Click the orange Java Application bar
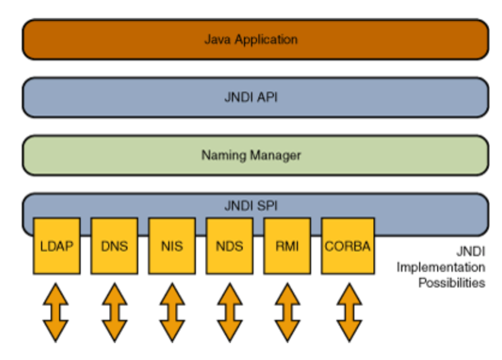point(255,39)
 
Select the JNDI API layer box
point(255,97)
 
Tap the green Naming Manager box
point(255,155)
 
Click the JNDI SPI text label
point(250,206)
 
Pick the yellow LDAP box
point(57,246)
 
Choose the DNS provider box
point(115,246)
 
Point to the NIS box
point(172,246)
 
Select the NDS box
point(230,246)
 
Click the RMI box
point(287,246)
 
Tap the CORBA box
point(348,246)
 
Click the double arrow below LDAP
point(55,313)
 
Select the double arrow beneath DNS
point(115,313)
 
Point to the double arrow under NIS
point(173,313)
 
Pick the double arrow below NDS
point(230,313)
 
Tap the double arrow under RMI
point(288,313)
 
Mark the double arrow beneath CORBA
point(349,313)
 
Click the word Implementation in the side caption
point(441,267)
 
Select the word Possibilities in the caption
point(452,283)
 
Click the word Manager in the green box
point(275,156)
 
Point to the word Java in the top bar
point(217,39)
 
